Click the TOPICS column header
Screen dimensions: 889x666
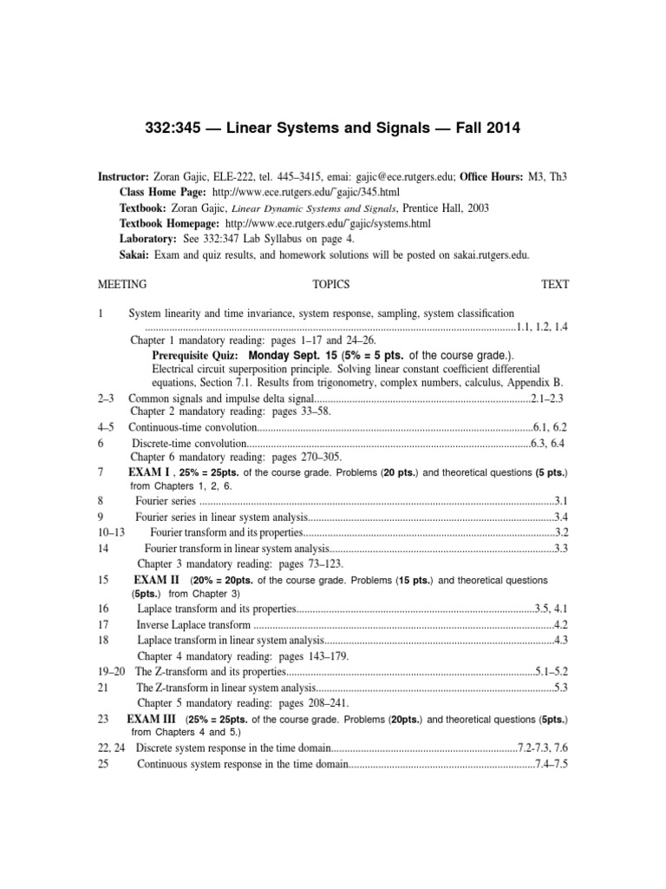[330, 284]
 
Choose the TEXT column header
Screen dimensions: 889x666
[555, 284]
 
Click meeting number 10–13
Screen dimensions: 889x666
[108, 531]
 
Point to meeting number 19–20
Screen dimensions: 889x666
[108, 671]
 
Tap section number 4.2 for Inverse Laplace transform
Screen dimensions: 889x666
[560, 624]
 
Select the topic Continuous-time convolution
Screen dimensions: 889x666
[193, 427]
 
